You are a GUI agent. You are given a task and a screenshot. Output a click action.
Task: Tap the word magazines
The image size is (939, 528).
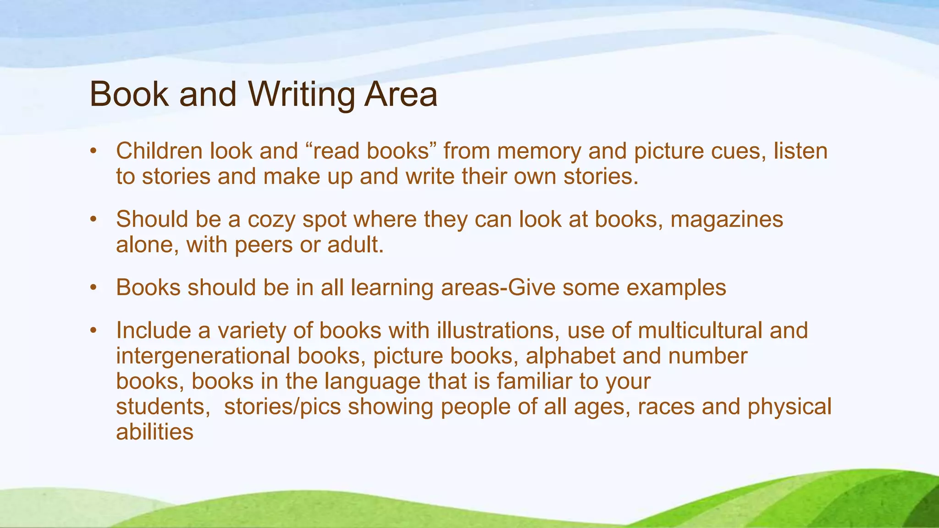[x=727, y=220]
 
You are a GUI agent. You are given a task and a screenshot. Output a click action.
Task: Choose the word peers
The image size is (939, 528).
[x=264, y=245]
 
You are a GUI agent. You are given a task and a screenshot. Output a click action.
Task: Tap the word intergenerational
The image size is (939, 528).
[x=203, y=356]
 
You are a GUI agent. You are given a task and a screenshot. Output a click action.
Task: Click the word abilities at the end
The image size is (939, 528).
[x=155, y=432]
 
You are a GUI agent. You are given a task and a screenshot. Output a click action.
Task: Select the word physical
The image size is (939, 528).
[x=789, y=407]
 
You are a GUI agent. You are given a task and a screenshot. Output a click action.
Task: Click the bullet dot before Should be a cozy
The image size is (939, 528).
[x=94, y=220]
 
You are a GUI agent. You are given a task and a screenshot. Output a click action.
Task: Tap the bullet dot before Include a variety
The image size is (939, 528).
[x=94, y=330]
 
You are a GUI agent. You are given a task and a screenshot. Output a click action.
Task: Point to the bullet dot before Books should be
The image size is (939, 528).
[x=94, y=288]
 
